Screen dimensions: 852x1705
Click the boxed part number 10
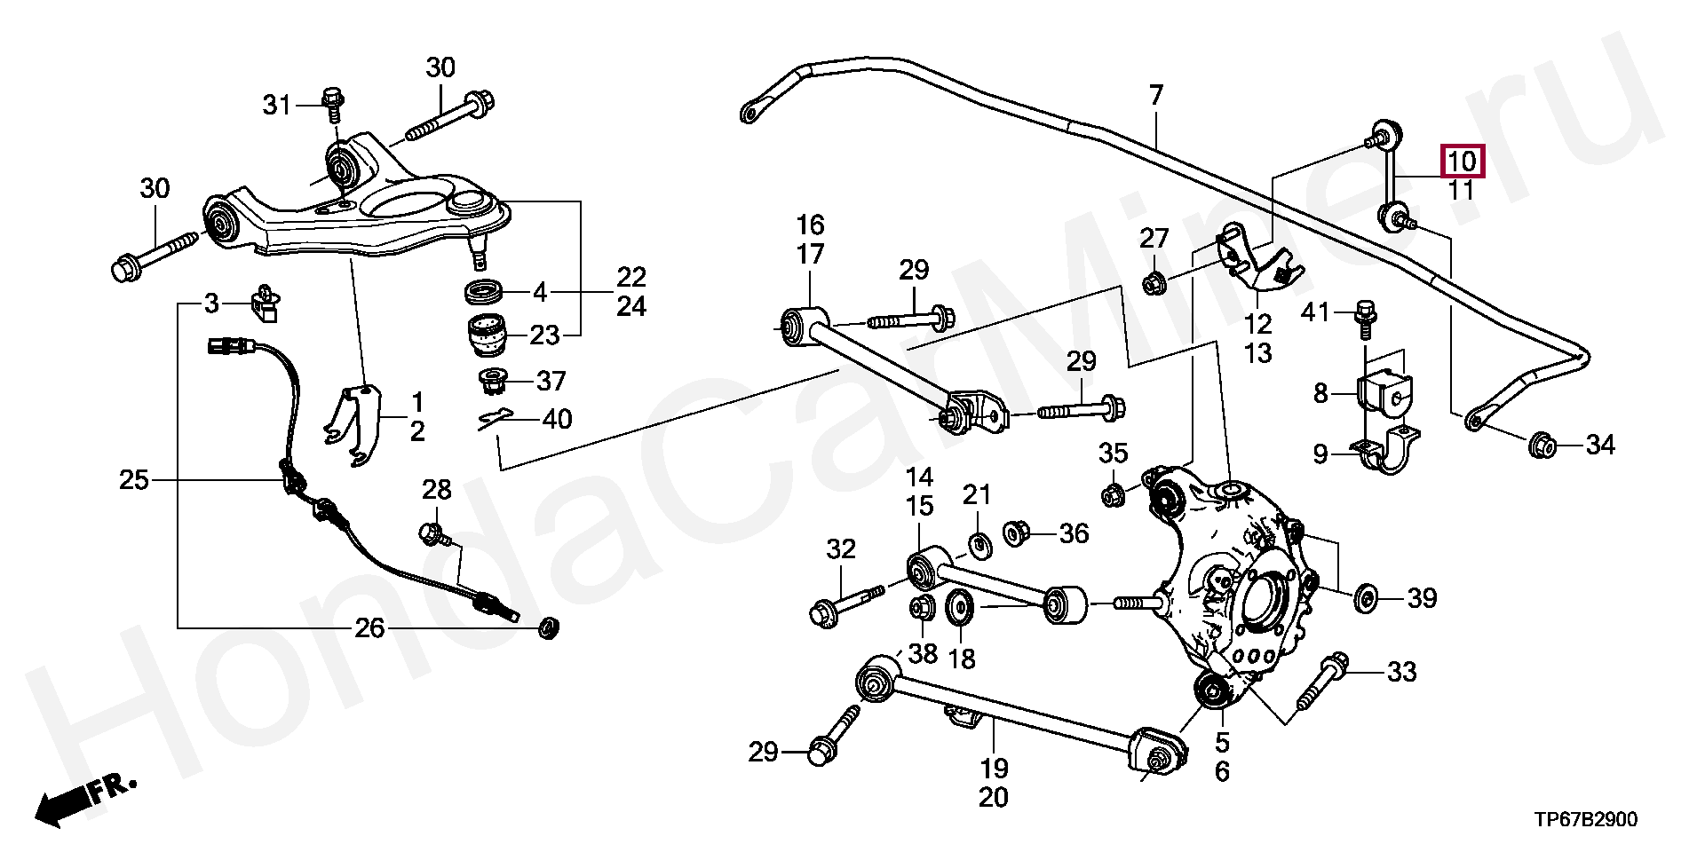click(1461, 162)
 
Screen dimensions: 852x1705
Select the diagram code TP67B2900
click(1585, 819)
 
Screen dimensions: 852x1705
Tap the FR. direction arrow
click(84, 800)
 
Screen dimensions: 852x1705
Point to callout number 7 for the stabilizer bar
click(1155, 95)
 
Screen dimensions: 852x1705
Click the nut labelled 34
click(1542, 445)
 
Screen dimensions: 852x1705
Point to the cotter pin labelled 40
click(496, 419)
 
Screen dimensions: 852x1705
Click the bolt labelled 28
click(433, 534)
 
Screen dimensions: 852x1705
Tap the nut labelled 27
click(1154, 284)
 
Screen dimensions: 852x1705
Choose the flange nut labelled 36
click(1016, 533)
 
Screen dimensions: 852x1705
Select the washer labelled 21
click(979, 543)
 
